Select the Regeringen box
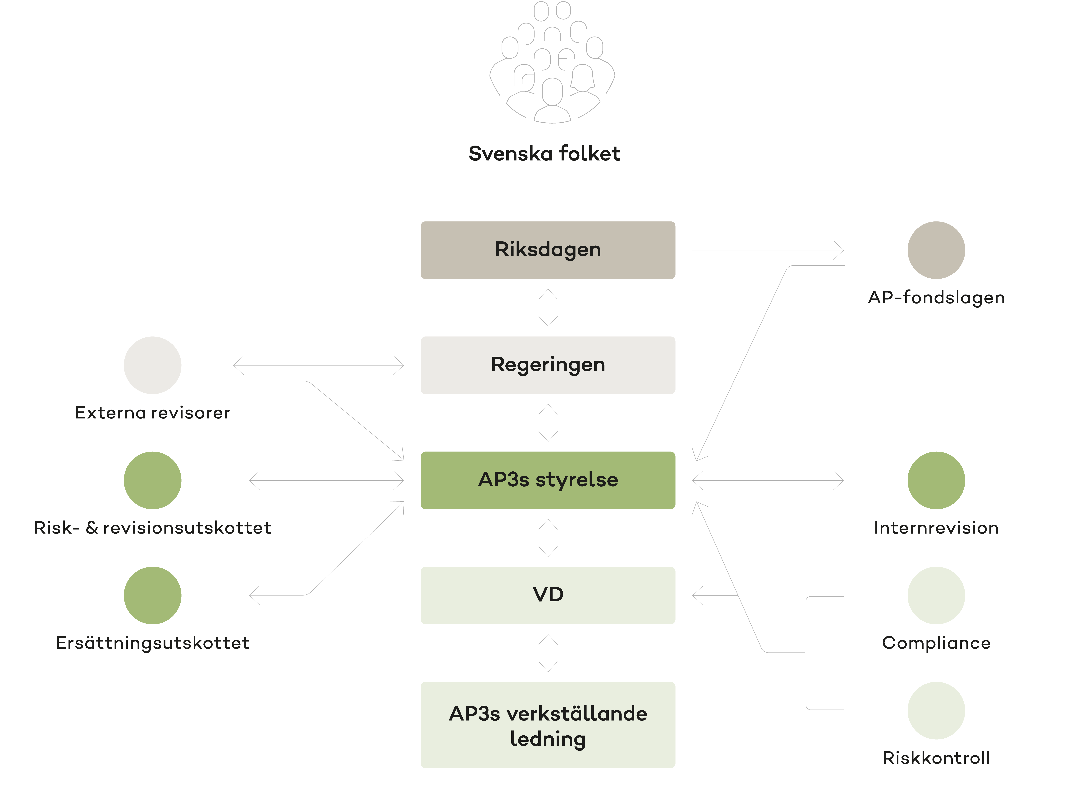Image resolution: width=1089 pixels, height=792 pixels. click(548, 365)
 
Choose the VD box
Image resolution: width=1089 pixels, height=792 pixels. click(548, 595)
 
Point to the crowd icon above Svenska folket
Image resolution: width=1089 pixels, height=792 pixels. click(552, 62)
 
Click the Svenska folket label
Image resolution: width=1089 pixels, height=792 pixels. click(544, 154)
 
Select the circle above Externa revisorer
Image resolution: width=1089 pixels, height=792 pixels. click(153, 365)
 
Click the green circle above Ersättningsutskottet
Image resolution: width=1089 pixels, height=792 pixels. click(153, 595)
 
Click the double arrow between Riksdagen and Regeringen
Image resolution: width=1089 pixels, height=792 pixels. click(548, 307)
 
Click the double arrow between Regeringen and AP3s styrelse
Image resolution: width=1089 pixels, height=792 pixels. click(548, 423)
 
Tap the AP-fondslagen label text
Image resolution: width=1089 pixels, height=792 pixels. click(936, 298)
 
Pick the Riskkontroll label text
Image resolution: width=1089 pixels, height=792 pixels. click(936, 758)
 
